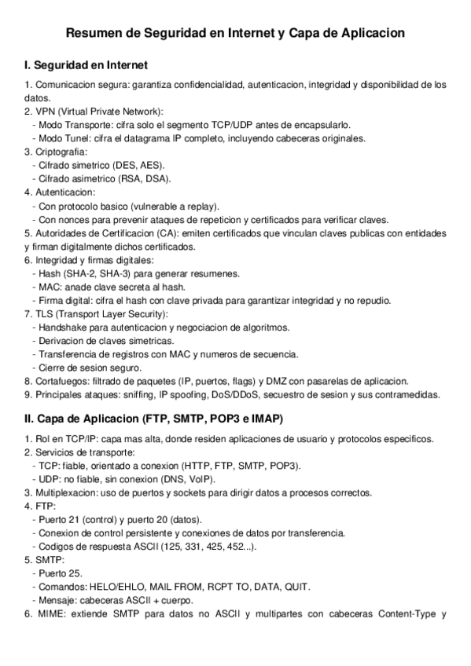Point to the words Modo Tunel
(x=64, y=137)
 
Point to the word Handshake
(x=62, y=328)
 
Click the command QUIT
(x=296, y=587)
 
